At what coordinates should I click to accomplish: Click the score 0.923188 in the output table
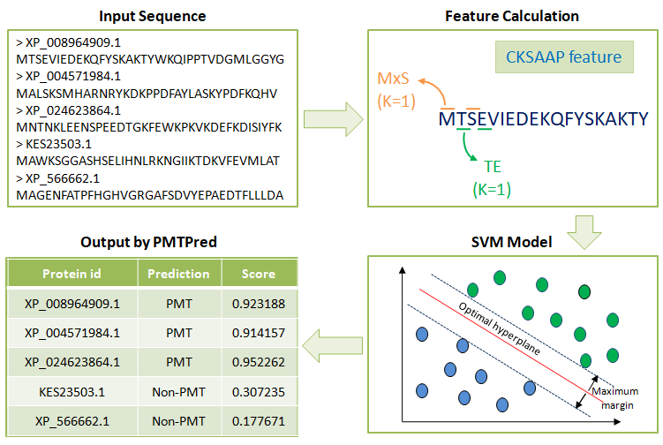[259, 304]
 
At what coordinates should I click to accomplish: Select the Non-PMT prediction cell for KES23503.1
[178, 392]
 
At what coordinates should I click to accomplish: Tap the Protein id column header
[72, 274]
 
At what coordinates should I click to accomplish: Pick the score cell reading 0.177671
[259, 421]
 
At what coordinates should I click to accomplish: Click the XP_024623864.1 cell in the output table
[72, 363]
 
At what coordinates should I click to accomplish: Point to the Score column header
[259, 274]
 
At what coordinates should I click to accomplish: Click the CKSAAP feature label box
[564, 57]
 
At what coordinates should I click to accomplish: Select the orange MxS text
[393, 79]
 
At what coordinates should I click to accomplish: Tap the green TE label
[493, 167]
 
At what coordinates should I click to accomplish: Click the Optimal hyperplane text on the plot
[500, 328]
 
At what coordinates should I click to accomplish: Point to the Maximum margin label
[615, 398]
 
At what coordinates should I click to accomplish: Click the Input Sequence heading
[152, 16]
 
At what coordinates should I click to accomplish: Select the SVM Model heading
[512, 242]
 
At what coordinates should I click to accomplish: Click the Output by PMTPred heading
[148, 242]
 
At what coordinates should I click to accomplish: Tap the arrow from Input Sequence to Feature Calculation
[333, 119]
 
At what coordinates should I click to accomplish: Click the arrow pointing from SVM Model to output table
[332, 346]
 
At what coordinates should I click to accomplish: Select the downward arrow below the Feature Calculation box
[584, 232]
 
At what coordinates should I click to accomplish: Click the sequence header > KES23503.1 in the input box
[54, 144]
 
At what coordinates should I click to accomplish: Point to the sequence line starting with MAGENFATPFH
[150, 195]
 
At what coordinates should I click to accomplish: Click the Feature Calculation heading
[512, 16]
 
